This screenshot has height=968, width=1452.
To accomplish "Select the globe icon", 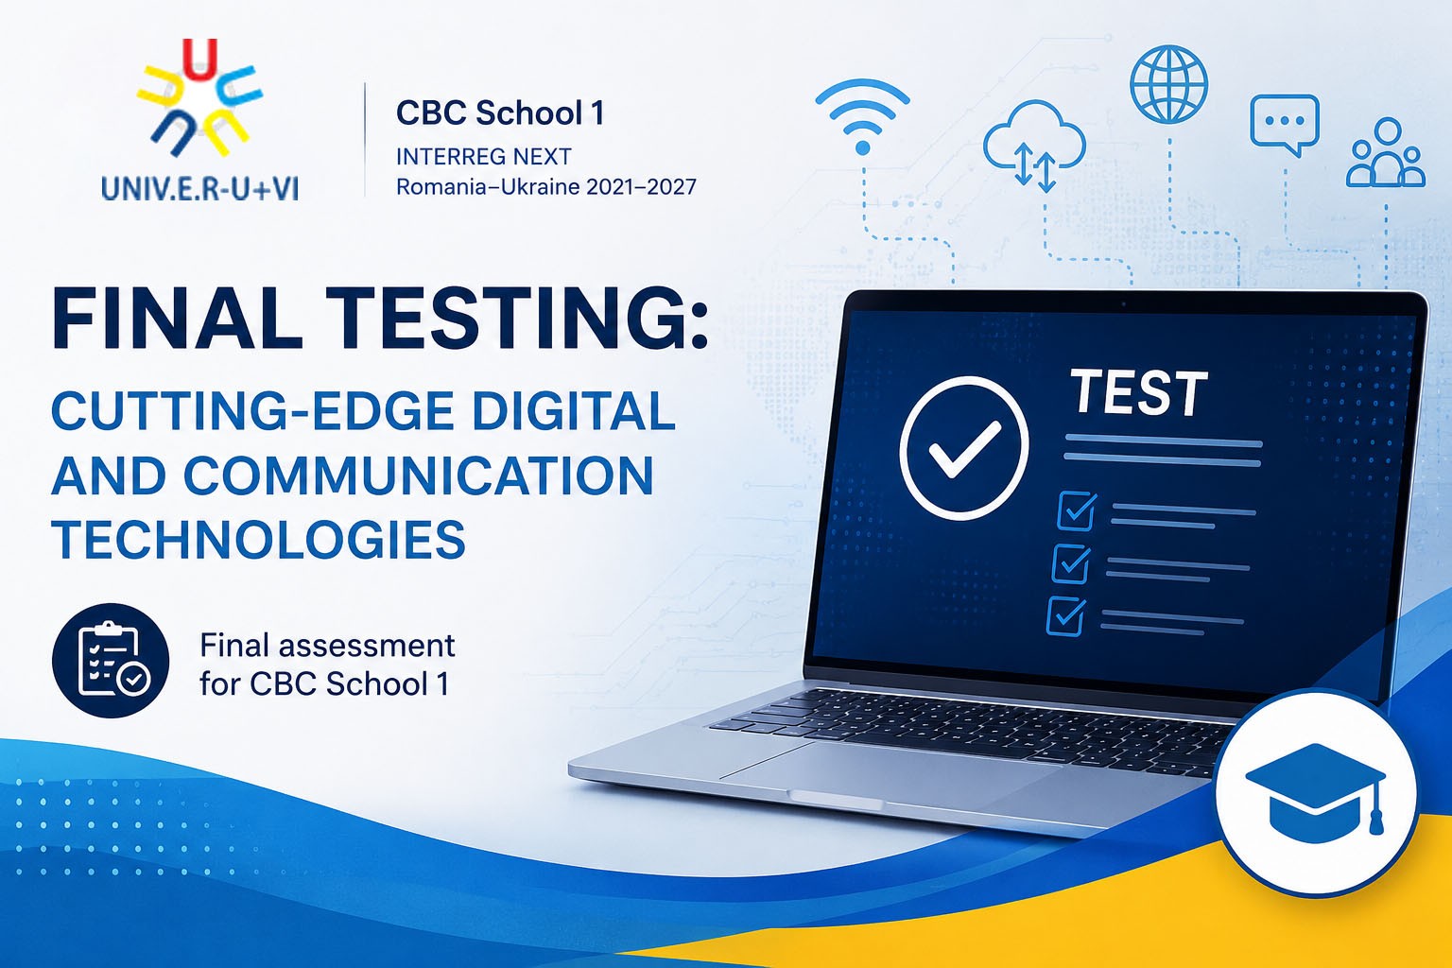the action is tap(1168, 84).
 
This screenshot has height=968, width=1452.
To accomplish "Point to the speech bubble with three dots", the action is tap(1284, 125).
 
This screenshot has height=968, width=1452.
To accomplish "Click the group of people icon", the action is tap(1386, 153).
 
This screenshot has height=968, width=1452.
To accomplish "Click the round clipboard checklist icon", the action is tap(111, 661).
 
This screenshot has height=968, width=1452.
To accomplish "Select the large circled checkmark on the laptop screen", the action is tap(964, 448).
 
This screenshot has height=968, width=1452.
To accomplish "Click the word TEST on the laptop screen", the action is tap(1138, 392).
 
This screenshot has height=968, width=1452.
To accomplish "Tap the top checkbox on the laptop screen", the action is tap(1077, 510).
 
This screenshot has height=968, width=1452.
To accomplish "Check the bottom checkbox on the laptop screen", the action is tap(1065, 616).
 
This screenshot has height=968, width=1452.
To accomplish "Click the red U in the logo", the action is tap(199, 59).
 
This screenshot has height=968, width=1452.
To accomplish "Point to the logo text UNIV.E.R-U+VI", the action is tap(199, 189).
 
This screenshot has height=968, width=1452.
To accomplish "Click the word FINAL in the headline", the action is tap(177, 319).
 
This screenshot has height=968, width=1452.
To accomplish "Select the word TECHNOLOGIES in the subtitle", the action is tap(259, 539).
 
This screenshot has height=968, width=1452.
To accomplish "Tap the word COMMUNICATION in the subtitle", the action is tap(419, 475).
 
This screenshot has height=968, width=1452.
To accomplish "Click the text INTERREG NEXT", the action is tap(484, 156).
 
